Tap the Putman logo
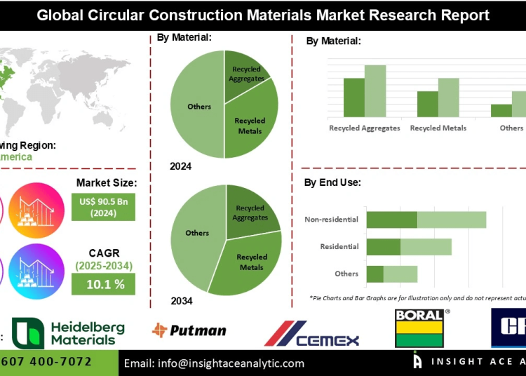(x=189, y=330)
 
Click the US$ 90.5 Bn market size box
(x=103, y=206)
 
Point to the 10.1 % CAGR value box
(x=103, y=283)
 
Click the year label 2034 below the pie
(x=181, y=301)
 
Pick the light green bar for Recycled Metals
(x=448, y=97)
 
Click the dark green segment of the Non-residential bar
(x=391, y=220)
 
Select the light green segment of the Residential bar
(x=426, y=247)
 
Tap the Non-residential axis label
(x=331, y=220)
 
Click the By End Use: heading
(x=332, y=182)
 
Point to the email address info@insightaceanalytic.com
(x=214, y=363)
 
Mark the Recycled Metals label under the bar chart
(x=438, y=128)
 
